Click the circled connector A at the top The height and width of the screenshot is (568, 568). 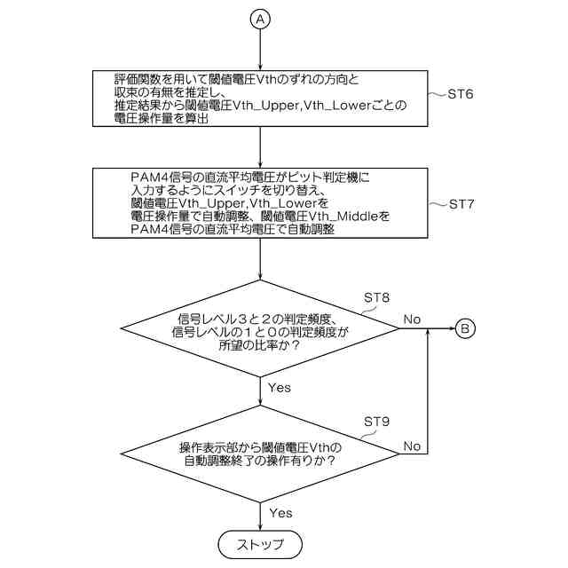coord(260,20)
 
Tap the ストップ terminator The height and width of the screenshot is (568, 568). coord(260,542)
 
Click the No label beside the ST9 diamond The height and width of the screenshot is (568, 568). coord(412,446)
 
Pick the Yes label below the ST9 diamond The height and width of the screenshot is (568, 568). coord(280,513)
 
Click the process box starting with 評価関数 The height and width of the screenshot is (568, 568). coord(260,99)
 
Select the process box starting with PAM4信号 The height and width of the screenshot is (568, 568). coord(260,203)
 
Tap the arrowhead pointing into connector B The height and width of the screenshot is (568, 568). coord(451,329)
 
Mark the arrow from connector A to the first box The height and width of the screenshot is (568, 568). coord(260,49)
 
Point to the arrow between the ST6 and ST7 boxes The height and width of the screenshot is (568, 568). coord(260,146)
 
